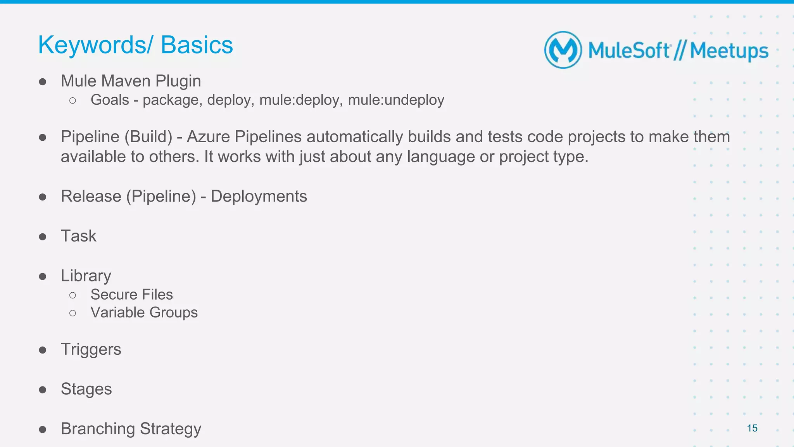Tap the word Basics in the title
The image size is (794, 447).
[x=197, y=45]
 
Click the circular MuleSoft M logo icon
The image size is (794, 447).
[x=563, y=50]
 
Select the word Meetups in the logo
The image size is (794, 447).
[x=729, y=51]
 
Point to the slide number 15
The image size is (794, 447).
[x=752, y=428]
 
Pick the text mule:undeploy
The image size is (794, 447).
[x=396, y=100]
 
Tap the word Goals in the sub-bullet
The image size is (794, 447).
[x=110, y=100]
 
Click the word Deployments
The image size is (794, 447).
[x=259, y=196]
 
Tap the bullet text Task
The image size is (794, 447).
[x=79, y=236]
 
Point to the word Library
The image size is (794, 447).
[x=86, y=276]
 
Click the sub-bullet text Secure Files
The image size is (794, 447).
[x=131, y=295]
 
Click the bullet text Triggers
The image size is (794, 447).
[x=91, y=349]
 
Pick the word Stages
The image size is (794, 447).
[x=86, y=389]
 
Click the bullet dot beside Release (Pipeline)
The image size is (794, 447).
[x=43, y=197]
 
